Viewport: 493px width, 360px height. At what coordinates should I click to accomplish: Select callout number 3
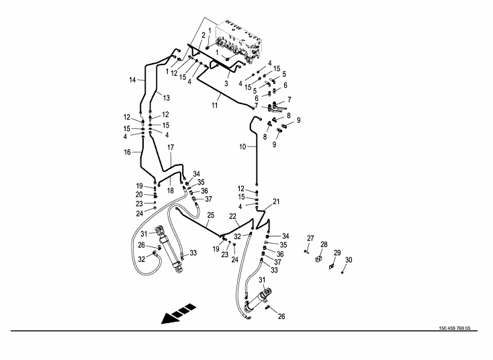(x=226, y=83)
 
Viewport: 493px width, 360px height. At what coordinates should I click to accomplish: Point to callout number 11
(x=215, y=105)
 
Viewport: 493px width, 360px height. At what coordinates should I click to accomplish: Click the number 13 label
(x=166, y=98)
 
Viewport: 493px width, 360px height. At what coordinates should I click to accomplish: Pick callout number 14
(x=133, y=80)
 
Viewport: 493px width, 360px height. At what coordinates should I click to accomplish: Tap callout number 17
(x=171, y=147)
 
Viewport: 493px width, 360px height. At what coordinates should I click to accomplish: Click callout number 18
(x=169, y=191)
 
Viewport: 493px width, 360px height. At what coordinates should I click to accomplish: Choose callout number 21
(x=276, y=201)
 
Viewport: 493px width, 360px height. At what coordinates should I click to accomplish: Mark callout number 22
(x=233, y=216)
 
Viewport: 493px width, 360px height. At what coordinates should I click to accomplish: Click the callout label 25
(x=210, y=215)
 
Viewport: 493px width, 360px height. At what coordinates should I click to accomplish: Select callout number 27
(x=310, y=238)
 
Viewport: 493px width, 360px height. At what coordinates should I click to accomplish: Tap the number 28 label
(x=324, y=244)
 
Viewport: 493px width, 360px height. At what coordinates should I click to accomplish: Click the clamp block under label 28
(x=320, y=259)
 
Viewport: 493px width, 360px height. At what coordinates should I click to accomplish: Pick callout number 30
(x=348, y=260)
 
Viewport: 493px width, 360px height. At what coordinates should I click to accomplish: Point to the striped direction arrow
(x=177, y=314)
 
